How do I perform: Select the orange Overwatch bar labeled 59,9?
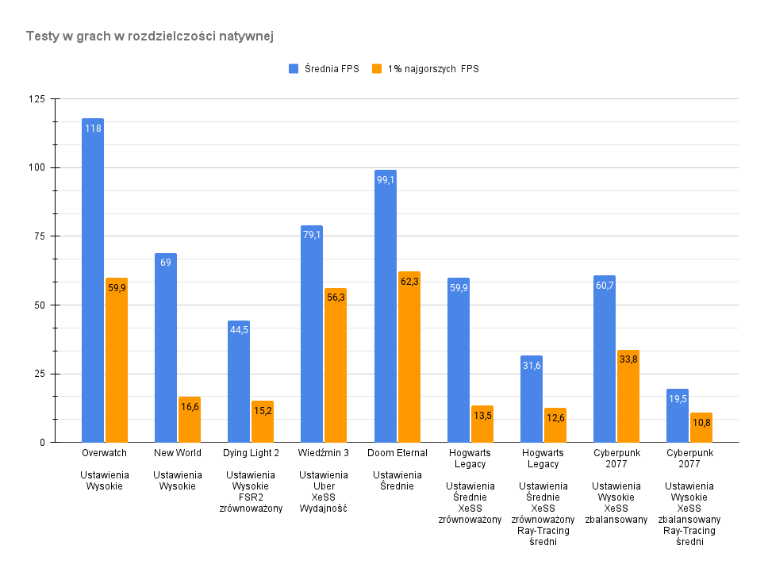click(117, 360)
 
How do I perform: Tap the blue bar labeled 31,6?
click(532, 399)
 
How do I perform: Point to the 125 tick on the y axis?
click(36, 99)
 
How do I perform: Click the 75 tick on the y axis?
click(38, 236)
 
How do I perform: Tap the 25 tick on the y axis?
click(38, 374)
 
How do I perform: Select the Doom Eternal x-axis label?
click(397, 453)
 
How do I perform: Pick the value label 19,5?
click(678, 399)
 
